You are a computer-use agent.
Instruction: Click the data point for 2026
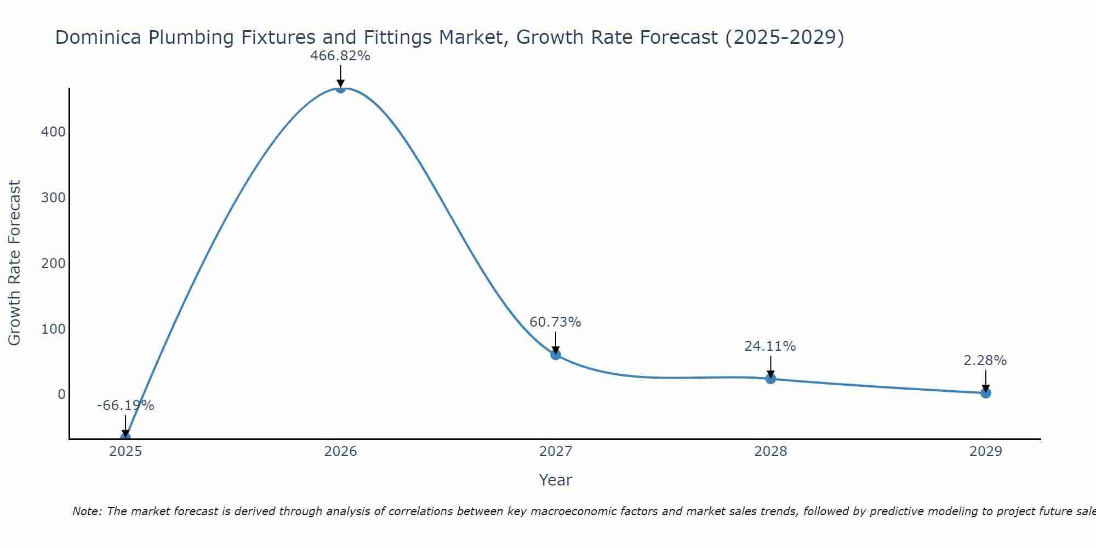click(340, 88)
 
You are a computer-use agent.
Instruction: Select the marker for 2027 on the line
click(555, 355)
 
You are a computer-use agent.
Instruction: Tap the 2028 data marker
click(770, 379)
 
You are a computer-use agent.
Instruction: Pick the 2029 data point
click(985, 393)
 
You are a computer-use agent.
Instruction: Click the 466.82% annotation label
click(340, 56)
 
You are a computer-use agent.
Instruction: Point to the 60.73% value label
click(555, 322)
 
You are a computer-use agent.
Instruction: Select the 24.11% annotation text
click(770, 346)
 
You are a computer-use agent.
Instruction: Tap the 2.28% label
click(985, 361)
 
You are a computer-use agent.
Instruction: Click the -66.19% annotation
click(125, 406)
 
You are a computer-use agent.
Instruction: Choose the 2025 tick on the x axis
click(125, 452)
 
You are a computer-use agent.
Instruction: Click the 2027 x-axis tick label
click(555, 452)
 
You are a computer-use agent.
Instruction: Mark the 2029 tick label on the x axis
click(985, 452)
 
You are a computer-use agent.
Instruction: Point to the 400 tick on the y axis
click(53, 132)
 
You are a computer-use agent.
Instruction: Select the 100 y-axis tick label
click(53, 329)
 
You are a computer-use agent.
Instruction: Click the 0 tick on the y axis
click(61, 395)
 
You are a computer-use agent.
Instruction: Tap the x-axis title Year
click(555, 480)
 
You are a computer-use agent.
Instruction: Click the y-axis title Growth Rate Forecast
click(15, 263)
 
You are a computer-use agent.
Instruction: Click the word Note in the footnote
click(86, 512)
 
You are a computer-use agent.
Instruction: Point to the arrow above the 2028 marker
click(770, 366)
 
